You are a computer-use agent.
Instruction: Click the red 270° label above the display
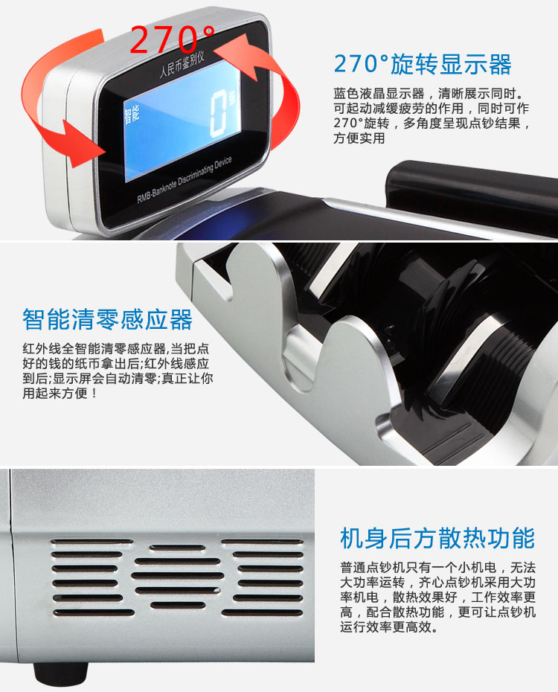173,39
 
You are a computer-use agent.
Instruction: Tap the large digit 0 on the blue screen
219,113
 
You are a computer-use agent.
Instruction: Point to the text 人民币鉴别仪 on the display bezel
182,65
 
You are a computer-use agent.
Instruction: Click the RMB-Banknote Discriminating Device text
185,180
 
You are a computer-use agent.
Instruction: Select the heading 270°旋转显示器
422,64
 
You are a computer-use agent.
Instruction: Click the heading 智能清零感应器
108,319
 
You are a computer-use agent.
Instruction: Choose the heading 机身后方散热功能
437,538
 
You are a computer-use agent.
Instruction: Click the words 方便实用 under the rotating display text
359,138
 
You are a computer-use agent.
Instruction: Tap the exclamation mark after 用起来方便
94,393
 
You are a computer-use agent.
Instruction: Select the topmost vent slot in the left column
92,542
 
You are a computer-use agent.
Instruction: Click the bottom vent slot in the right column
263,613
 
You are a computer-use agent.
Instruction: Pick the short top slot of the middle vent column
177,548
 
